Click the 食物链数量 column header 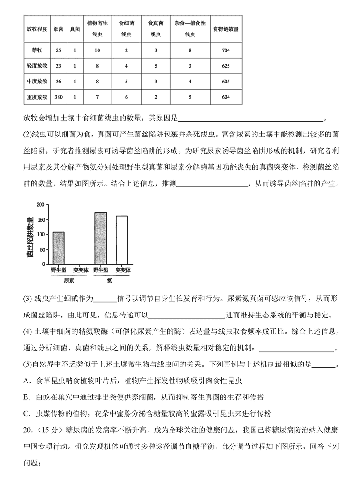point(225,28)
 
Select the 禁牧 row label point(37,50)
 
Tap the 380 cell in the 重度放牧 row point(58,96)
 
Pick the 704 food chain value point(225,50)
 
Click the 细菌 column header point(58,28)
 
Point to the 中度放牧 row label point(37,81)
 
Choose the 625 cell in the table point(225,66)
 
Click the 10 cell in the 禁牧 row point(97,50)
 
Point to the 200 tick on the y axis point(40,204)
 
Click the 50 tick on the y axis point(42,249)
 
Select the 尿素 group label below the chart point(69,281)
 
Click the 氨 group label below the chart point(109,281)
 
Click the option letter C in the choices point(27,412)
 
